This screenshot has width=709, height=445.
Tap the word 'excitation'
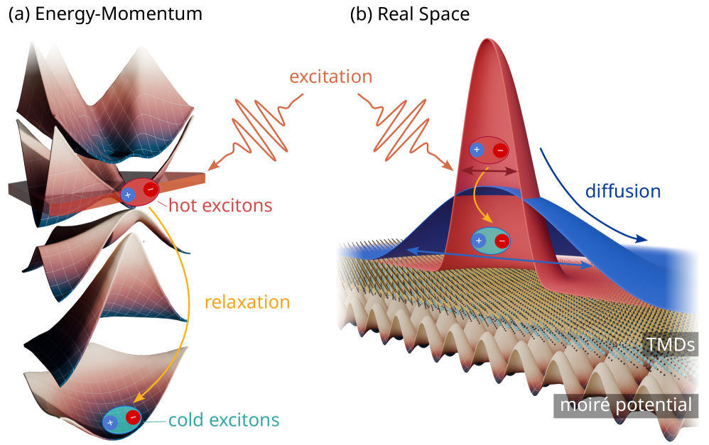point(330,76)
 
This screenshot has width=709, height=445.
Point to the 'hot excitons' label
point(220,206)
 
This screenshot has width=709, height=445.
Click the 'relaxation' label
point(247,302)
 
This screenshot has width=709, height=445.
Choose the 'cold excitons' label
point(224,419)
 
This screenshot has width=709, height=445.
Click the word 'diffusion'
point(623,191)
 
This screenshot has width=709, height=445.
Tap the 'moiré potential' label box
point(626,406)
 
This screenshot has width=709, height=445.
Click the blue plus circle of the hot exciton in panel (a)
point(128,194)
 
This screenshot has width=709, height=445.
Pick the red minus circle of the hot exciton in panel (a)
point(151,189)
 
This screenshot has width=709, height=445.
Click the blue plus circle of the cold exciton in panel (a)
point(110,422)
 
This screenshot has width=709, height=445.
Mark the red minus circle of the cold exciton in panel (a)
point(132,417)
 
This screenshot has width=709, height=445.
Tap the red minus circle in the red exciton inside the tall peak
point(500,150)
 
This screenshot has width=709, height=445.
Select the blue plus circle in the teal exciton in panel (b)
point(479,241)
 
